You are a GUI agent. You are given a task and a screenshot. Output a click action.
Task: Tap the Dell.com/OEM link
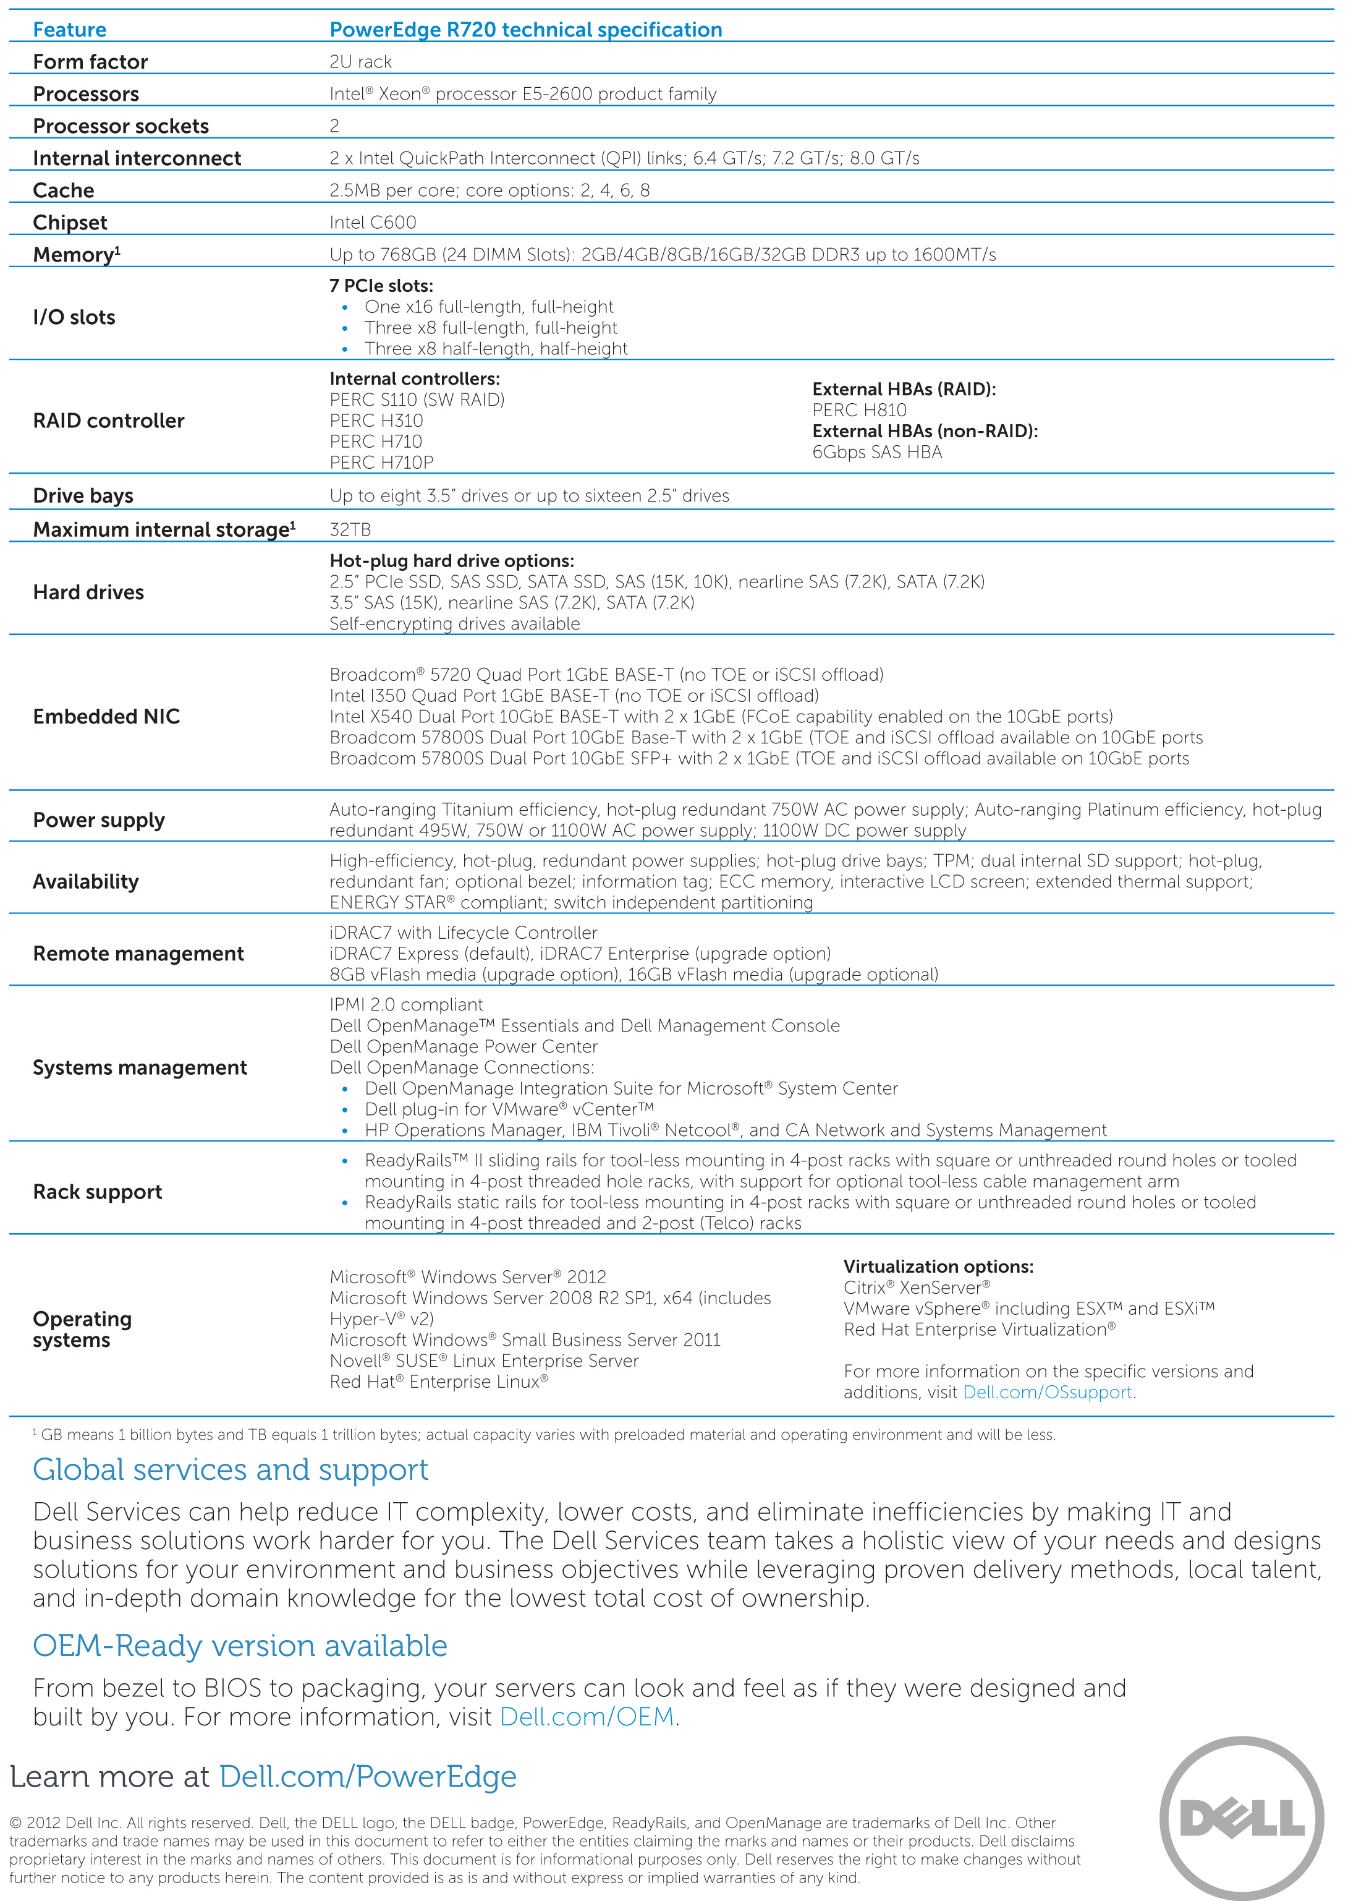pyautogui.click(x=587, y=1717)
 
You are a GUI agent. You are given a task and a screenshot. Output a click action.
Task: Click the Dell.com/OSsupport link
pyautogui.click(x=1047, y=1392)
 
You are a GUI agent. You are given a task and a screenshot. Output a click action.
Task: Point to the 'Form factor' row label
pyautogui.click(x=90, y=62)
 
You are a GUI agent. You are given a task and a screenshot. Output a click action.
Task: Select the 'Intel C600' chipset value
pyautogui.click(x=373, y=222)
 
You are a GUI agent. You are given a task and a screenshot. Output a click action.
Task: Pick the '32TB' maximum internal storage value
pyautogui.click(x=350, y=529)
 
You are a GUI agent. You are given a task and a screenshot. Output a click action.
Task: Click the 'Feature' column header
pyautogui.click(x=69, y=30)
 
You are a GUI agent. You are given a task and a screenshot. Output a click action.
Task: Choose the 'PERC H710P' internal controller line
pyautogui.click(x=381, y=463)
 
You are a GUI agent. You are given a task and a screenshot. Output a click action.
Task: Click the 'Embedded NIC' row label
pyautogui.click(x=106, y=717)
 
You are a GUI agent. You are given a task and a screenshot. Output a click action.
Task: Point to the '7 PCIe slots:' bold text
pyautogui.click(x=381, y=286)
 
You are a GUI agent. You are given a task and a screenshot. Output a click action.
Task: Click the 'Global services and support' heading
pyautogui.click(x=231, y=1470)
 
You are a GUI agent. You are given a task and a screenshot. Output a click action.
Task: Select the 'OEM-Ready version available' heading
pyautogui.click(x=240, y=1646)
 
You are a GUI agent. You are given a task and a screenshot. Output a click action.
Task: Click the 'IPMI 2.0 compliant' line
pyautogui.click(x=406, y=1005)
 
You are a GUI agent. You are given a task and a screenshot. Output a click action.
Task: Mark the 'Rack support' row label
pyautogui.click(x=98, y=1192)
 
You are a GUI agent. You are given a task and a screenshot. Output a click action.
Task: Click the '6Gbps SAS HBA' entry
pyautogui.click(x=877, y=452)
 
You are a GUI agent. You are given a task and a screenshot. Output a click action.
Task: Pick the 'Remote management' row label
pyautogui.click(x=138, y=954)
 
